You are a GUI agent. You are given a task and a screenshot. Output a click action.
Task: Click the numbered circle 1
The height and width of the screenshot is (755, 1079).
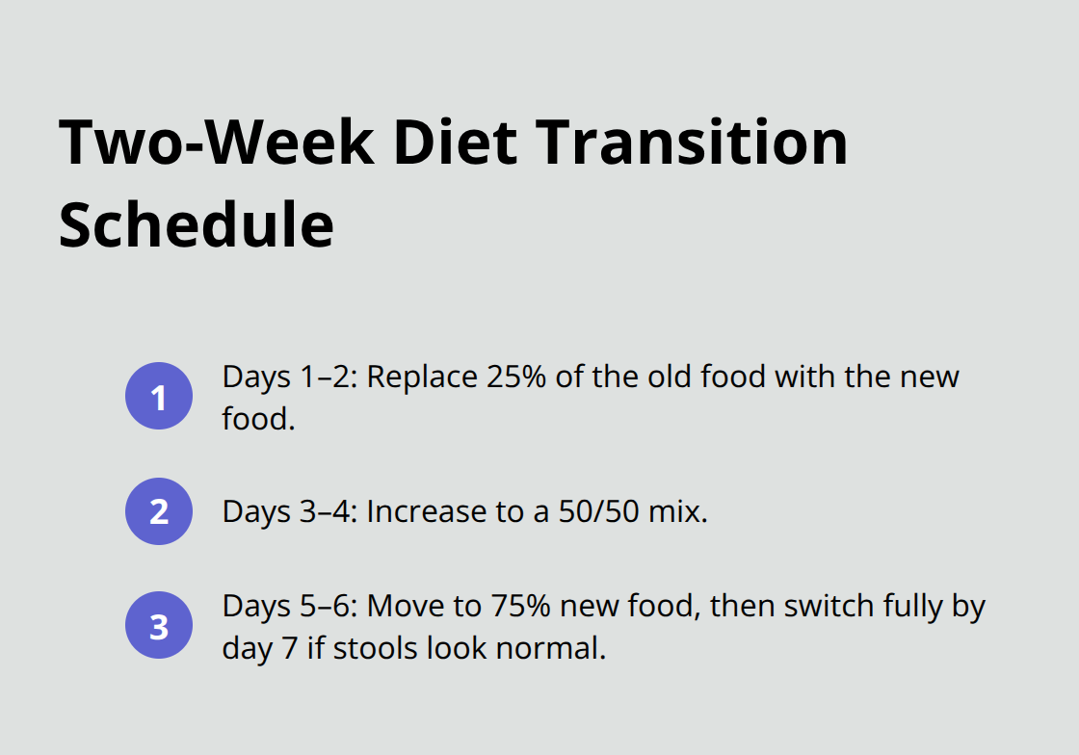159,396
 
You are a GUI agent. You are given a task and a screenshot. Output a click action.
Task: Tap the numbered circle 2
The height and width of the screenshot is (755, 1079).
159,511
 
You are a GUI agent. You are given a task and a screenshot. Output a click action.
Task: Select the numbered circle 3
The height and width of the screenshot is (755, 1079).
159,626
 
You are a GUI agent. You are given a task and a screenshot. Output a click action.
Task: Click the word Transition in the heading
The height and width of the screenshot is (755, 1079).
691,143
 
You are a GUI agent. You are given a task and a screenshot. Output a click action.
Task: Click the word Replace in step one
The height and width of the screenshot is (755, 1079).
415,377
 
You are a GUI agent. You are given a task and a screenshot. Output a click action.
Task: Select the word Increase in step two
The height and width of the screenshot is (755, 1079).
423,511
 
